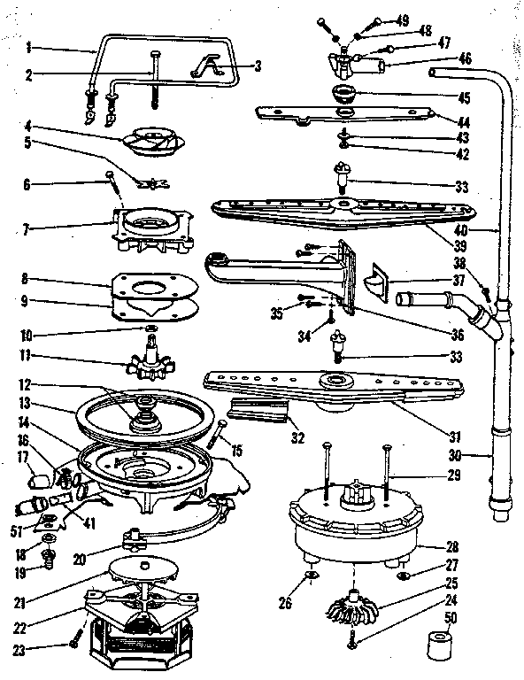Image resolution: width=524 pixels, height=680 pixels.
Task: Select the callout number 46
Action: [465, 58]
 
